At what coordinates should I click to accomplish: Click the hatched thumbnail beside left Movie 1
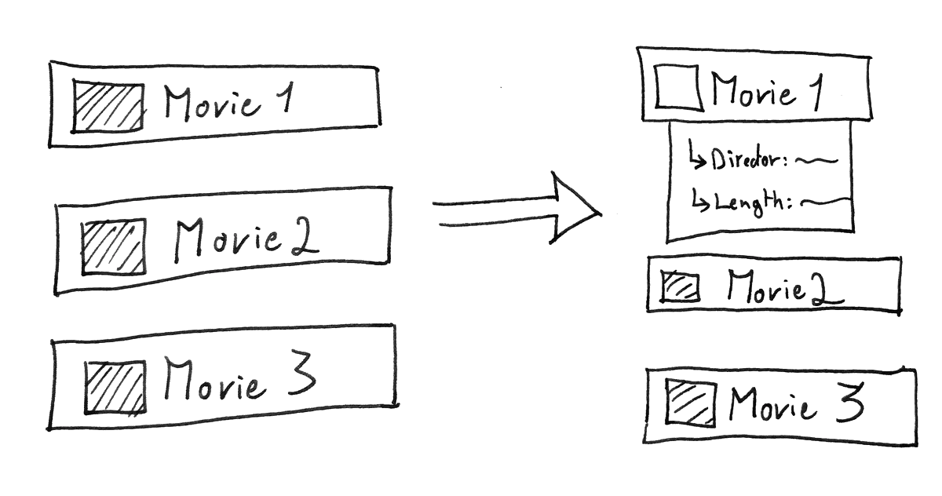tap(108, 106)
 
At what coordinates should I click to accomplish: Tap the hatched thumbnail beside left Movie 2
tap(114, 246)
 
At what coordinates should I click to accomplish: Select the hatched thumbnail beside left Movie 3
tap(115, 387)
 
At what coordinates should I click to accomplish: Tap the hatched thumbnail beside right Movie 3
tap(692, 403)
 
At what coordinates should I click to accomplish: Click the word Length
tap(750, 202)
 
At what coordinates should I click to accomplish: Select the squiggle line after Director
tap(816, 161)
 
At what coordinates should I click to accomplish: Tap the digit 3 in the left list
tap(299, 377)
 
